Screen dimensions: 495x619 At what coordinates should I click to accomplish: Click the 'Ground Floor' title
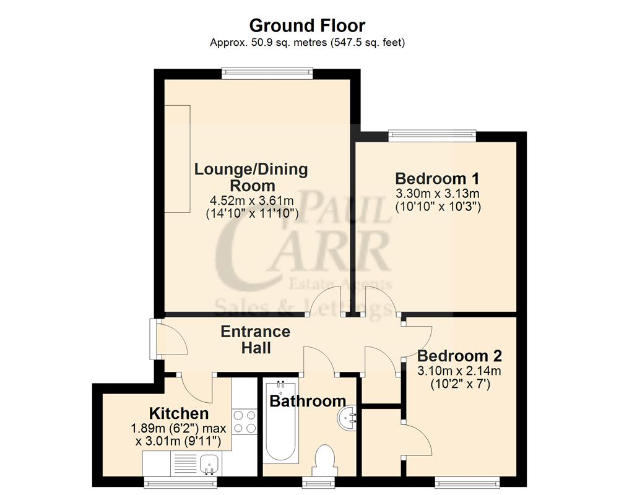(x=307, y=25)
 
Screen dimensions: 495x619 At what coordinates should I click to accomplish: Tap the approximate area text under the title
(x=307, y=43)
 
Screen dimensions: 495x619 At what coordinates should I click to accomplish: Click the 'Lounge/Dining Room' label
(x=251, y=176)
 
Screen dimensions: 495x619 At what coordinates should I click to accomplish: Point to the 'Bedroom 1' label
(x=438, y=179)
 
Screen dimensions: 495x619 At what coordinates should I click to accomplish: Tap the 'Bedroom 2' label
(x=459, y=356)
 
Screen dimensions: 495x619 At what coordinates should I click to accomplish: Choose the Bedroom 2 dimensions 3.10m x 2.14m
(x=459, y=371)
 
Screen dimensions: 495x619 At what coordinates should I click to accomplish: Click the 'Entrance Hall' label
(x=255, y=340)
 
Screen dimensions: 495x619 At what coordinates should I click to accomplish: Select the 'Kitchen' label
(x=179, y=413)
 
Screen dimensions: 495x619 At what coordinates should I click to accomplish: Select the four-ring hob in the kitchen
(x=245, y=421)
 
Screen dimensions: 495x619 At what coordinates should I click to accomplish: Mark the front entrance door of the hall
(x=153, y=338)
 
